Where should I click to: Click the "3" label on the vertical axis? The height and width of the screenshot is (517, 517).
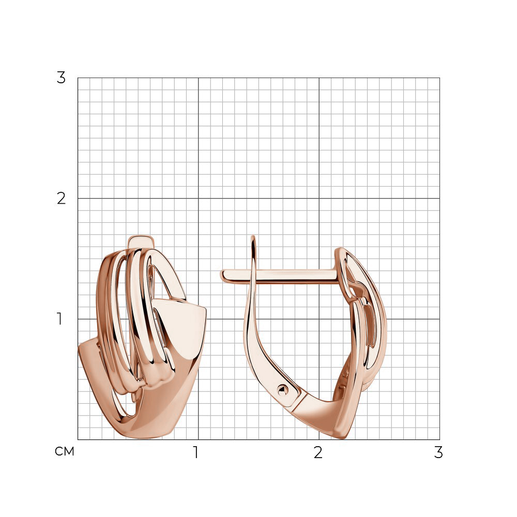[62, 78]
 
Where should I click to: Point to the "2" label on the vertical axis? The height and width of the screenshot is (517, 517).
[62, 199]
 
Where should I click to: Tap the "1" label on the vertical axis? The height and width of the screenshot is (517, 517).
[59, 319]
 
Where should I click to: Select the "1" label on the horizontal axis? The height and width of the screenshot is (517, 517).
[196, 452]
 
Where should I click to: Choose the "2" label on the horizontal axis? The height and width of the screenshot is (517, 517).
[318, 452]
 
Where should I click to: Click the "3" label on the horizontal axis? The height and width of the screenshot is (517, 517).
[438, 452]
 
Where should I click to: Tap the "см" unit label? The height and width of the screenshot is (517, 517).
[65, 451]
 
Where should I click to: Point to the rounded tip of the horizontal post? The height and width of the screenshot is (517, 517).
[222, 276]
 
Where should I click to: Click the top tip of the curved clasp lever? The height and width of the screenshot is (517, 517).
[253, 237]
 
